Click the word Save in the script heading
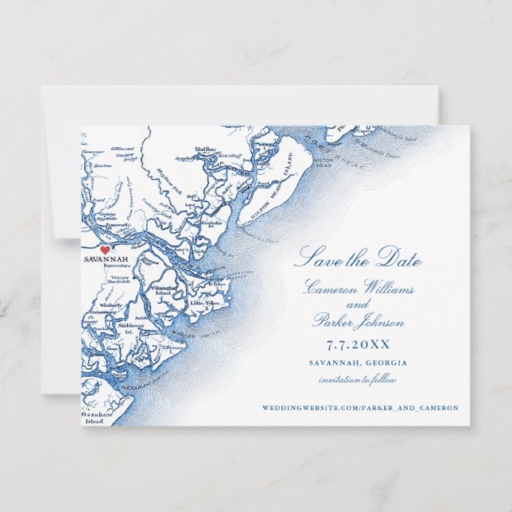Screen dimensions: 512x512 click(314, 259)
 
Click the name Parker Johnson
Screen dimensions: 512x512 click(359, 323)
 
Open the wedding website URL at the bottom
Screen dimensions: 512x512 click(359, 408)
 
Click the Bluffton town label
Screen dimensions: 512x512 click(204, 148)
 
